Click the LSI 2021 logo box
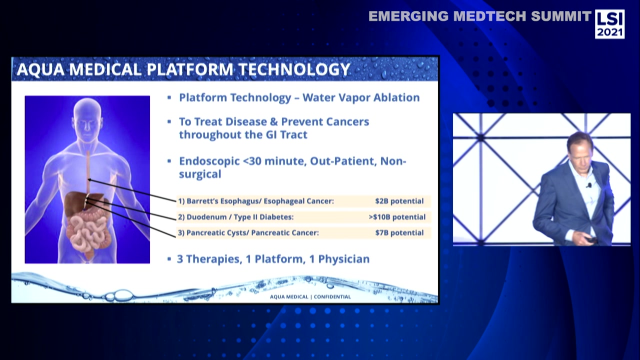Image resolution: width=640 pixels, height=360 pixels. pyautogui.click(x=609, y=24)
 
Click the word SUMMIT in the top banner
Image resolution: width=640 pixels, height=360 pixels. pyautogui.click(x=561, y=16)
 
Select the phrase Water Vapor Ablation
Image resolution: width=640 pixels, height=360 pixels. pyautogui.click(x=361, y=97)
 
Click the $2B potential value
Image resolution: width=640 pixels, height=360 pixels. pyautogui.click(x=399, y=201)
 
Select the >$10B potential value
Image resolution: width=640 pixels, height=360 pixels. pyautogui.click(x=397, y=217)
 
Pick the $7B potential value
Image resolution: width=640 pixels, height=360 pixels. pyautogui.click(x=399, y=232)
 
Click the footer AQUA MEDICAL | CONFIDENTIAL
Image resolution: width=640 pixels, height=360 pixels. pyautogui.click(x=310, y=296)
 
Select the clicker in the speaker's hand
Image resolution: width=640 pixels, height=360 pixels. pyautogui.click(x=591, y=240)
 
